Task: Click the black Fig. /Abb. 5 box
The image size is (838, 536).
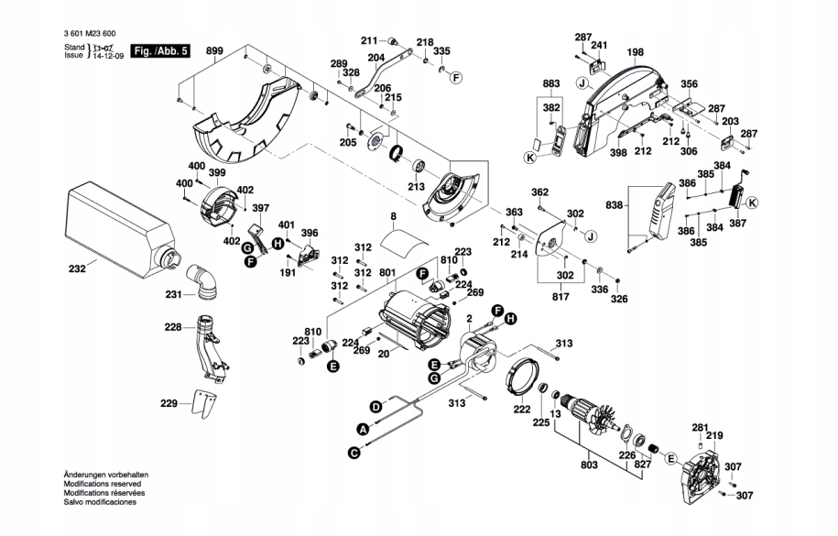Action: pos(161,51)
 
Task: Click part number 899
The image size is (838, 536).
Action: pos(213,50)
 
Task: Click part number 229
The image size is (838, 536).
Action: pos(168,403)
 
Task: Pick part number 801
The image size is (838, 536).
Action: pos(386,272)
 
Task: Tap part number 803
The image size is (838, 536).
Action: pos(588,466)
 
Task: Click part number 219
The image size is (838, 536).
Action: pos(714,436)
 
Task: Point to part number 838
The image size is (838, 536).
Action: pos(614,204)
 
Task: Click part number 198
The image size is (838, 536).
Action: pos(636,52)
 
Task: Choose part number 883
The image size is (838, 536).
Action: pos(550,84)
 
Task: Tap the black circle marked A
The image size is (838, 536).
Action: pos(362,428)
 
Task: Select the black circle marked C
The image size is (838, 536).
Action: pos(353,451)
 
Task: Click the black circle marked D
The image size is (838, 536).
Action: pos(375,406)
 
